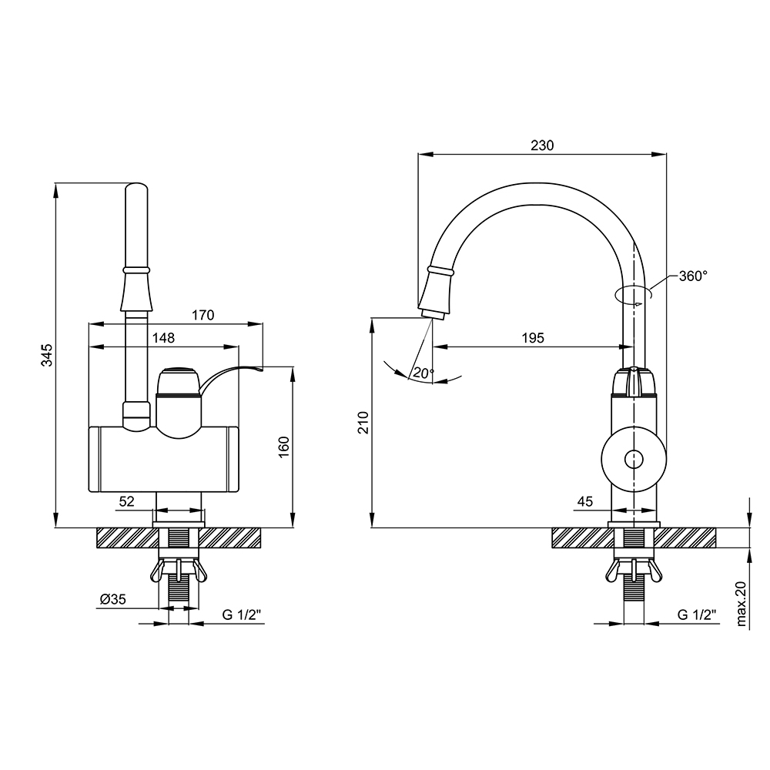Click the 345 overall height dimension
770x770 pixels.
pyautogui.click(x=47, y=355)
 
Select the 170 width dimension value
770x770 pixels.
pyautogui.click(x=203, y=315)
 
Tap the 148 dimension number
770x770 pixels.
pyautogui.click(x=163, y=338)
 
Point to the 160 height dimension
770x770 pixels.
pyautogui.click(x=284, y=447)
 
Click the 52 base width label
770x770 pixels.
pyautogui.click(x=127, y=501)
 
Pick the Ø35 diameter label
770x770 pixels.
pyautogui.click(x=113, y=599)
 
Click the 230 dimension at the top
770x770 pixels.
pyautogui.click(x=542, y=146)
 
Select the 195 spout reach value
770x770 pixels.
pyautogui.click(x=533, y=338)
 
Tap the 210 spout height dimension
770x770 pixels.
pyautogui.click(x=363, y=422)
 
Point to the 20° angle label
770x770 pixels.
pyautogui.click(x=423, y=373)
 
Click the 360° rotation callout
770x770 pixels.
pyautogui.click(x=694, y=276)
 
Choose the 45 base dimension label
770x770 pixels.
pyautogui.click(x=585, y=501)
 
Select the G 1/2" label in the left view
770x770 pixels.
pyautogui.click(x=242, y=614)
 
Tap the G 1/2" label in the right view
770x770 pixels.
pyautogui.click(x=697, y=614)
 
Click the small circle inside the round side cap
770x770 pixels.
pyautogui.click(x=634, y=460)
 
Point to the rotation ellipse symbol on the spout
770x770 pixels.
pyautogui.click(x=634, y=294)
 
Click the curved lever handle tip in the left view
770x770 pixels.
pyautogui.click(x=260, y=367)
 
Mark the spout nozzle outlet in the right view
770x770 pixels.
pyautogui.click(x=432, y=314)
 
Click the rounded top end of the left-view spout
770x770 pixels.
pyautogui.click(x=136, y=188)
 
